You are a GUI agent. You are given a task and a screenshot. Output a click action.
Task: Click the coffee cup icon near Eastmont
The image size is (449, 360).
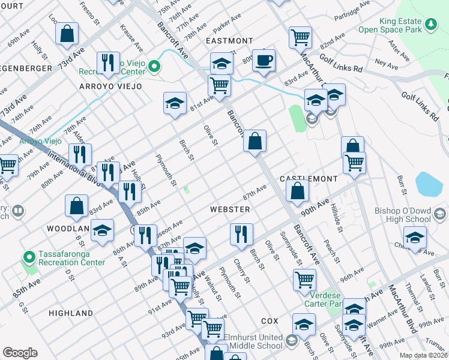pyautogui.click(x=264, y=60)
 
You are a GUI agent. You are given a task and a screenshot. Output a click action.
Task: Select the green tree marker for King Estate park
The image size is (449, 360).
pyautogui.click(x=430, y=24)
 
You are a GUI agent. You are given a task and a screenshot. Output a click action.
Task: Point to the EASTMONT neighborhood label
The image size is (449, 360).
pyautogui.click(x=229, y=41)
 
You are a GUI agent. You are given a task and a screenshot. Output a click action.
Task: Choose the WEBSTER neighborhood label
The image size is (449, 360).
pyautogui.click(x=229, y=209)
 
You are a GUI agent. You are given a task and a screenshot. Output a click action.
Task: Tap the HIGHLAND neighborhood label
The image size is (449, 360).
pyautogui.click(x=71, y=313)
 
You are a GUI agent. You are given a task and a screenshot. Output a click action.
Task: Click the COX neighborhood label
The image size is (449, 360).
pyautogui.click(x=271, y=322)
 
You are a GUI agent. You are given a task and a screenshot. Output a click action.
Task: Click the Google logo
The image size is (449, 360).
pyautogui.click(x=20, y=353)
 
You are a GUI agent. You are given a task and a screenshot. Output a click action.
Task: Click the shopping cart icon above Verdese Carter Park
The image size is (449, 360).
pyautogui.click(x=305, y=279)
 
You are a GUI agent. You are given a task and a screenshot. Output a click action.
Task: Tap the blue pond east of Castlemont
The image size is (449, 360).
pyautogui.click(x=429, y=184)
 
